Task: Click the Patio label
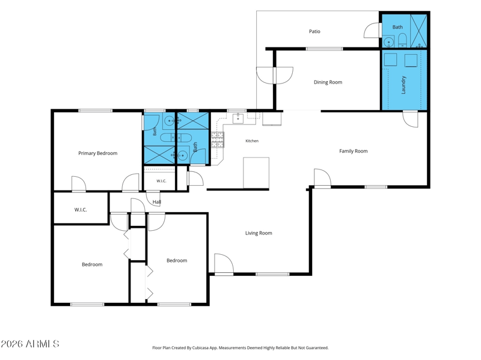(x=314, y=31)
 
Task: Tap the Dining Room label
(x=328, y=82)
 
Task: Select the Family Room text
(x=353, y=151)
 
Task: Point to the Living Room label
(x=259, y=233)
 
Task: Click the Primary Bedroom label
(x=98, y=153)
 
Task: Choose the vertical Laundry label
(x=403, y=85)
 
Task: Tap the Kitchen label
(x=252, y=141)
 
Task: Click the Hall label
(x=157, y=202)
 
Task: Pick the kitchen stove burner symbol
(x=217, y=139)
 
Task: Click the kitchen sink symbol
(x=238, y=118)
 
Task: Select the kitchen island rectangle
(x=256, y=172)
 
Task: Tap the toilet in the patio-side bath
(x=402, y=40)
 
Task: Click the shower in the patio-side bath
(x=418, y=31)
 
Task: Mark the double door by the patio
(x=275, y=76)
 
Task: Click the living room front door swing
(x=224, y=264)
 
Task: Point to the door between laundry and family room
(x=410, y=119)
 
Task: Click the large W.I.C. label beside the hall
(x=81, y=210)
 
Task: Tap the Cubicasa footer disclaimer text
(x=240, y=348)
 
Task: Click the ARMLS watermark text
(x=29, y=344)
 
